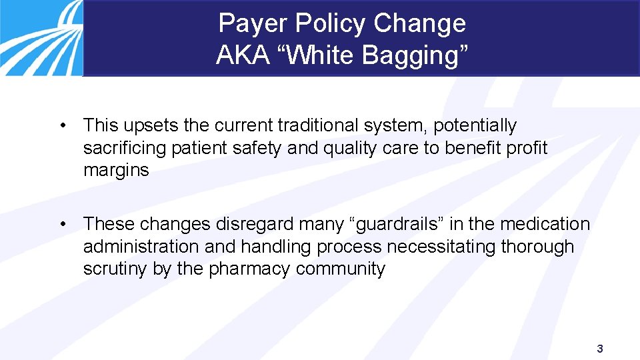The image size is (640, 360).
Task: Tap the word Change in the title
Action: (x=419, y=24)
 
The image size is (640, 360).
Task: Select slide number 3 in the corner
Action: (x=600, y=349)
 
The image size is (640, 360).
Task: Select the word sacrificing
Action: (x=125, y=148)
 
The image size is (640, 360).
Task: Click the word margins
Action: (x=116, y=171)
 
